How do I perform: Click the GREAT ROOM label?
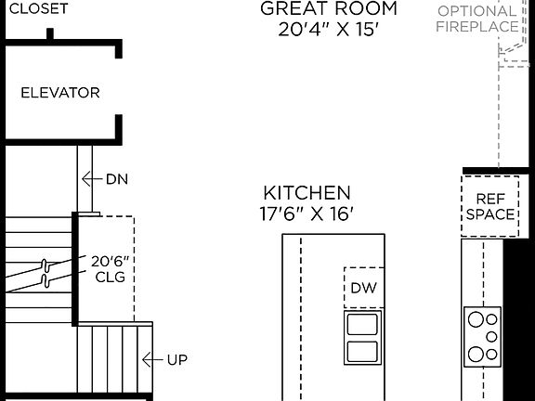pyautogui.click(x=328, y=9)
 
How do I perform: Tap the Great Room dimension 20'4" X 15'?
pyautogui.click(x=328, y=30)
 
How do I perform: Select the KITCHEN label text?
pyautogui.click(x=307, y=193)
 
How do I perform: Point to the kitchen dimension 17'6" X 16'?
pyautogui.click(x=307, y=214)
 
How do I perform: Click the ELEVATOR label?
pyautogui.click(x=60, y=93)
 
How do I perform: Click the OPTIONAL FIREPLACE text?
pyautogui.click(x=477, y=19)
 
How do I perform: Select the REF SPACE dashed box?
pyautogui.click(x=489, y=206)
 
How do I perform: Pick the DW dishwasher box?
pyautogui.click(x=363, y=288)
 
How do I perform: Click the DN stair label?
pyautogui.click(x=117, y=179)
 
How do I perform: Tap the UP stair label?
pyautogui.click(x=176, y=359)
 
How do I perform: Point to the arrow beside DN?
pyautogui.click(x=91, y=179)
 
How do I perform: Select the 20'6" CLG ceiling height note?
pyautogui.click(x=108, y=268)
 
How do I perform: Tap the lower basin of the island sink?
pyautogui.click(x=362, y=352)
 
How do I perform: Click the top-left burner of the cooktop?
pyautogui.click(x=476, y=318)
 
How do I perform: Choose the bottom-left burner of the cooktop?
pyautogui.click(x=476, y=354)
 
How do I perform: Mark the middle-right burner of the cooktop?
pyautogui.click(x=490, y=336)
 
